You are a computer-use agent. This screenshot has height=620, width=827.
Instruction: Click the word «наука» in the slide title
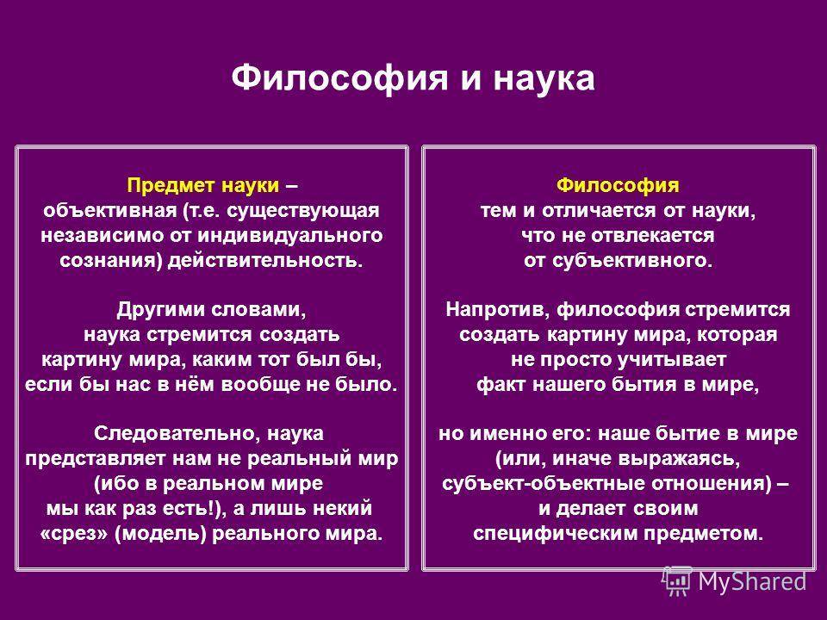point(544,79)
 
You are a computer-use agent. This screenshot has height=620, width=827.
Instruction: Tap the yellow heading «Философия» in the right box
point(618,186)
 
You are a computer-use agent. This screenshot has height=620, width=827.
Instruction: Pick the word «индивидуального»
point(289,236)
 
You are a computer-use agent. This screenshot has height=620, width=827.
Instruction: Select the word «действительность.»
point(265,260)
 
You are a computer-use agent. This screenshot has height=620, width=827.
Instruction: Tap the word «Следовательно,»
point(177,434)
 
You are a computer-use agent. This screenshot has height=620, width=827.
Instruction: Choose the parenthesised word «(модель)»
point(160,534)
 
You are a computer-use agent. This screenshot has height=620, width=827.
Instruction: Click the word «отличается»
point(600,211)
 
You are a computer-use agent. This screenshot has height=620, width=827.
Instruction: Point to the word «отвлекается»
point(652,236)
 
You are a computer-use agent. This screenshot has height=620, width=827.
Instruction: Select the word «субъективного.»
point(631,260)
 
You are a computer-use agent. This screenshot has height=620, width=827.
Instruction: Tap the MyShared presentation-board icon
point(677,581)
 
